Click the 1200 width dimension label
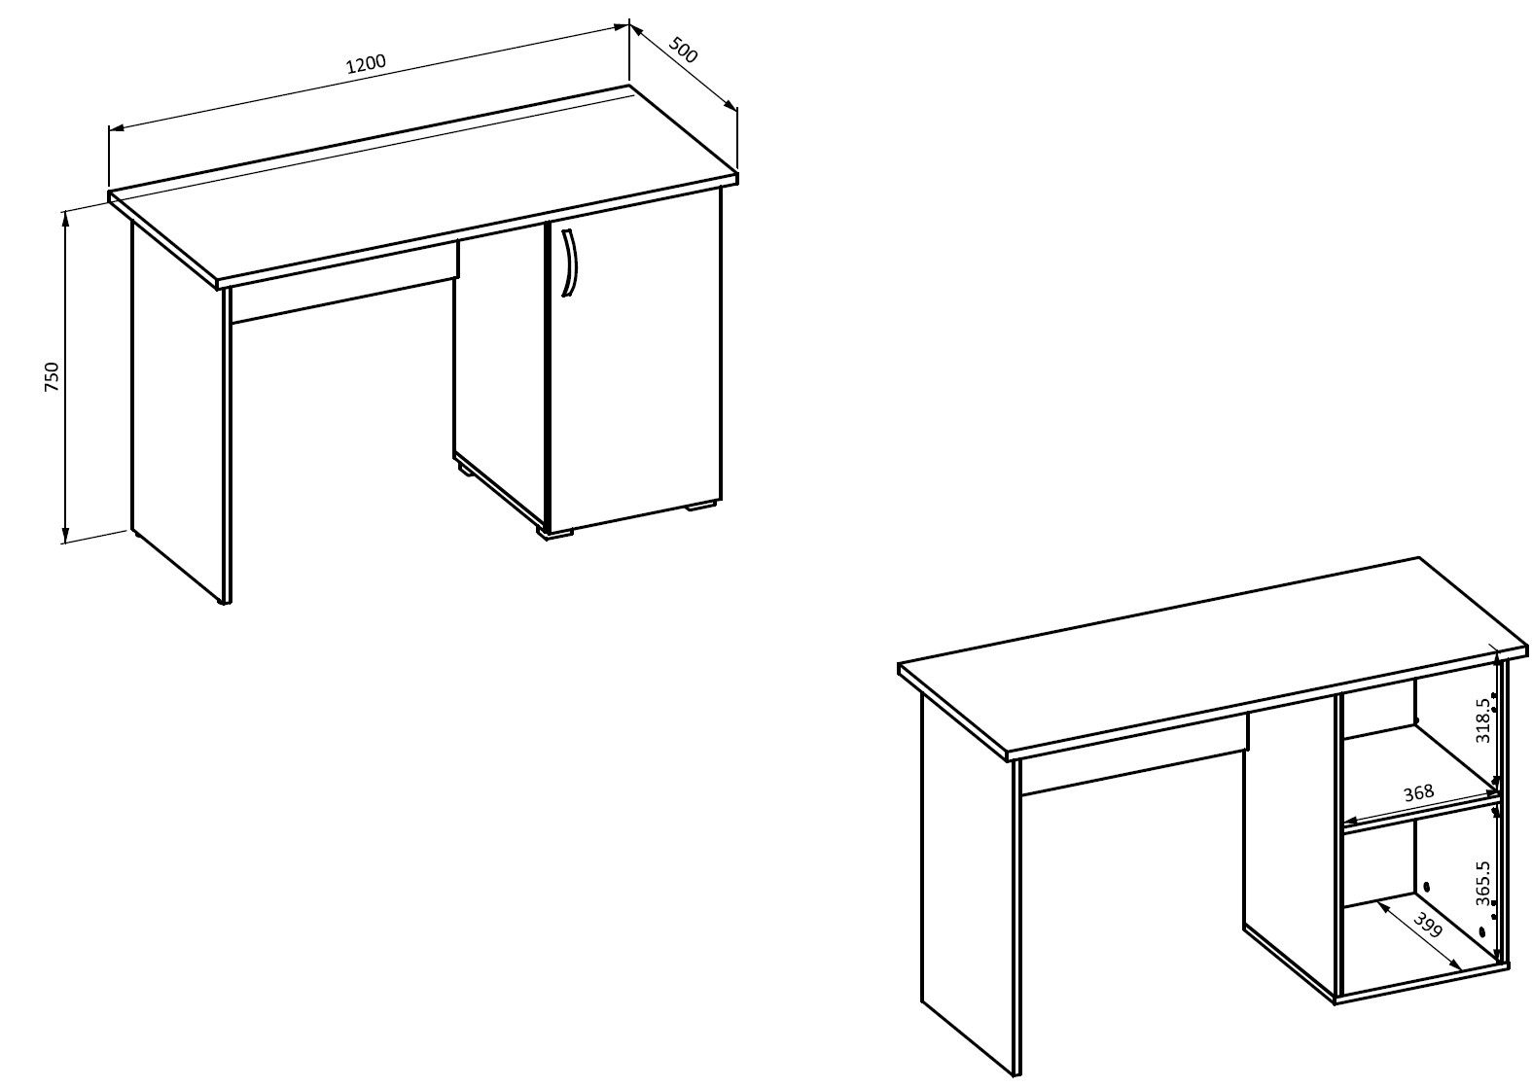(x=367, y=63)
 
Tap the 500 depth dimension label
(x=683, y=50)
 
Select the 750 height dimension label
(x=52, y=376)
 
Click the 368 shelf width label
(x=1418, y=794)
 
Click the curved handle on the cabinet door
(x=569, y=263)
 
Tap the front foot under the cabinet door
(x=556, y=535)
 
